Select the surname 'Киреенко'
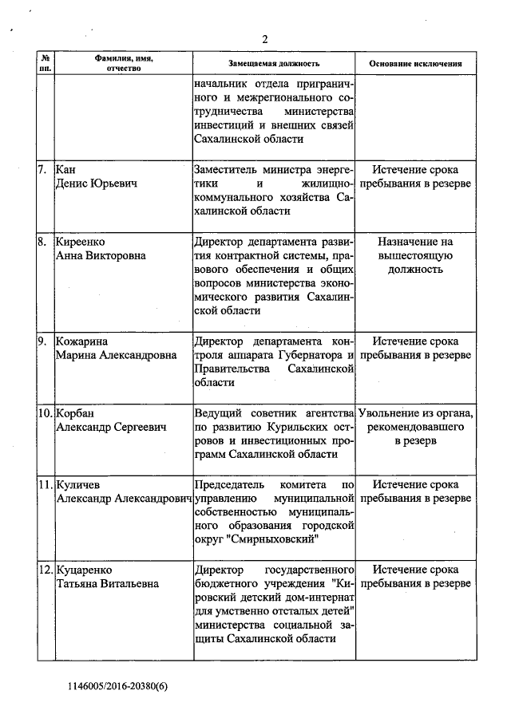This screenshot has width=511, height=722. click(81, 242)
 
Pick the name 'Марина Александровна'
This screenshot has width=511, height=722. click(116, 355)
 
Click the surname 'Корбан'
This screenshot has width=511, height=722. click(76, 413)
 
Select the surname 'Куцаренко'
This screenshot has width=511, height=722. click(84, 570)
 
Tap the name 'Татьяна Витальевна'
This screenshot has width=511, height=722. click(107, 583)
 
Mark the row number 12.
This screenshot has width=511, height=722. click(46, 570)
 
